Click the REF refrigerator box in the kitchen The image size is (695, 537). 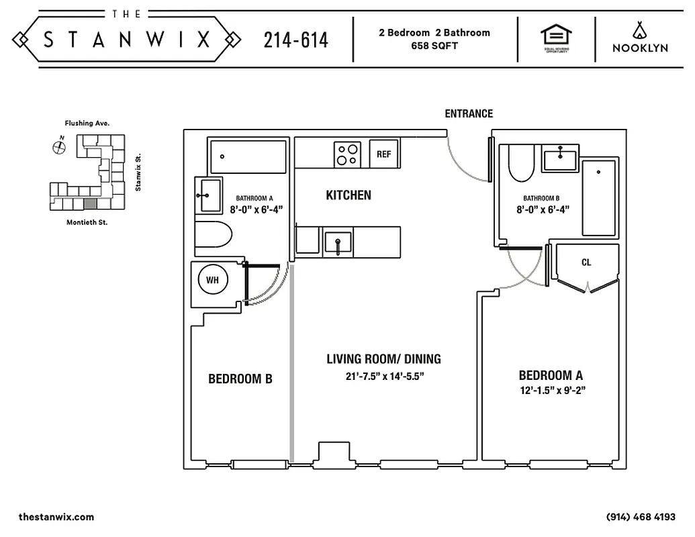click(x=383, y=154)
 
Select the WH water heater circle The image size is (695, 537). click(x=212, y=279)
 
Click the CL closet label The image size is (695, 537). click(x=586, y=262)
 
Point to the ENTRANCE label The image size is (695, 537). click(x=469, y=113)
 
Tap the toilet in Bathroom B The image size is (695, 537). click(x=520, y=164)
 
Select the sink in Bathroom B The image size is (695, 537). click(x=561, y=159)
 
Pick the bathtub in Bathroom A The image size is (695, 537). click(x=248, y=156)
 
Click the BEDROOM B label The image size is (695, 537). click(x=240, y=379)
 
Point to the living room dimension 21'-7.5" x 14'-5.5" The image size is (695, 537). click(x=385, y=377)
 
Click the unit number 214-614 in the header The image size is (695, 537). click(x=295, y=40)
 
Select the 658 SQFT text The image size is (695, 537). click(x=434, y=46)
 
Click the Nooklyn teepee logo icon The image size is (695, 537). click(x=639, y=30)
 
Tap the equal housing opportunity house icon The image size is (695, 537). click(x=555, y=36)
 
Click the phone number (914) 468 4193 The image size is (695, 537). click(x=640, y=517)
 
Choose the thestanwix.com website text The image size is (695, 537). click(x=56, y=517)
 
